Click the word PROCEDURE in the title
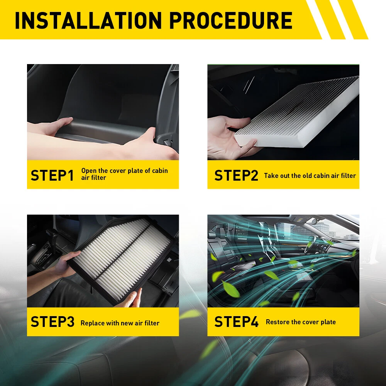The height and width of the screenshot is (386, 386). (x=231, y=20)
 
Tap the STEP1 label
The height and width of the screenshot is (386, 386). (x=52, y=176)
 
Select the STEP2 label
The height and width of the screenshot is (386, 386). (x=236, y=176)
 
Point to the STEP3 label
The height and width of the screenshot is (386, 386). (x=52, y=322)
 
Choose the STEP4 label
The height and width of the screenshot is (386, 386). (x=236, y=322)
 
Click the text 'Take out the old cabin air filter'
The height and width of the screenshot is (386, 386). (x=310, y=176)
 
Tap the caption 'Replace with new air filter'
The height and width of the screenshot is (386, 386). (x=120, y=323)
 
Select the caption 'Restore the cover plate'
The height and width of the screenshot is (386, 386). (x=301, y=322)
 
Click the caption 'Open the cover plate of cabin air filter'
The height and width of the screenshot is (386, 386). (x=125, y=174)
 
